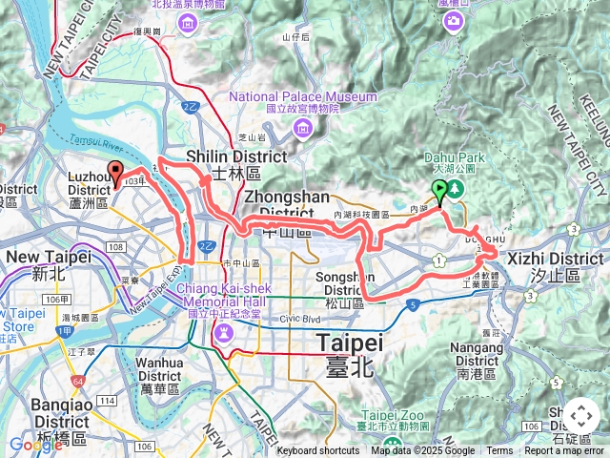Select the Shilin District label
tap(235, 157)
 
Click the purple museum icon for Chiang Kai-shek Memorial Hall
tap(223, 332)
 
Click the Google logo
tap(35, 444)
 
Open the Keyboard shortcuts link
tap(318, 451)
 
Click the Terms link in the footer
tap(499, 451)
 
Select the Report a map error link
tap(563, 451)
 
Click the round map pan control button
tap(580, 416)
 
